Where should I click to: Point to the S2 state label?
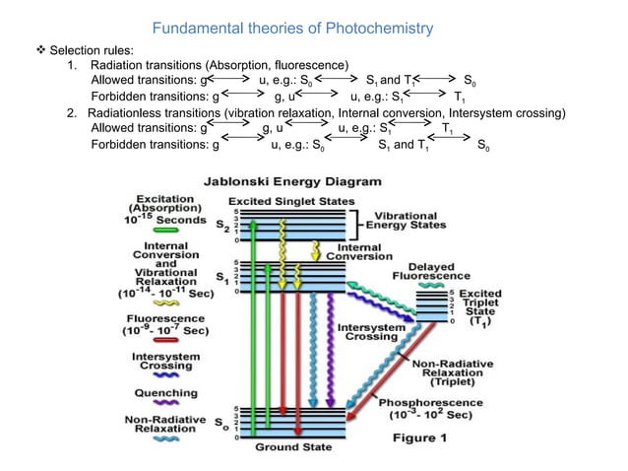tap(222, 225)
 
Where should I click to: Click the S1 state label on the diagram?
tap(222, 279)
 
